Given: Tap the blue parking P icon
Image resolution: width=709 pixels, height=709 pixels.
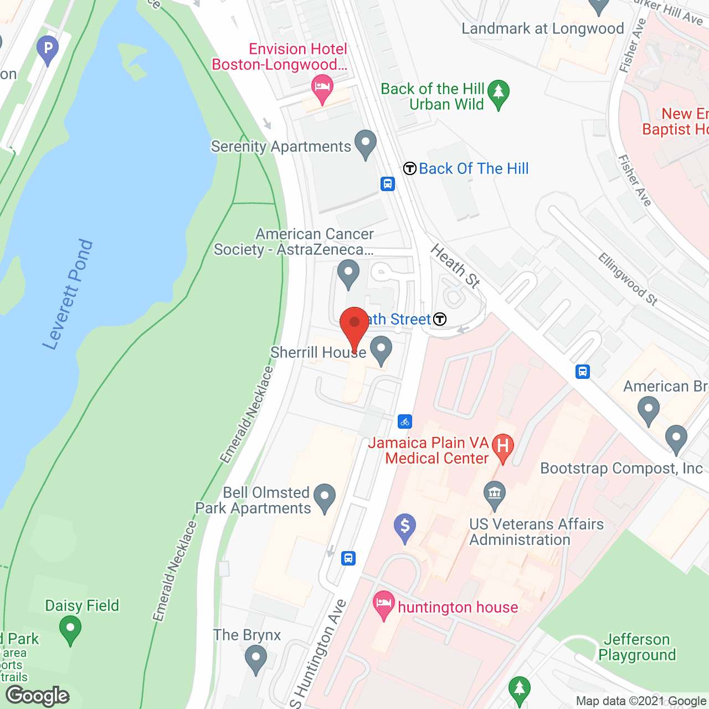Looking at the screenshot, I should (48, 49).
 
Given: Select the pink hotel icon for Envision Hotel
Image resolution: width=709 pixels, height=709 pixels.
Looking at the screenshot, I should (322, 88).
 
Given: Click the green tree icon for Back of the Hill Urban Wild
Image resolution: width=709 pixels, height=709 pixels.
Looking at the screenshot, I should (499, 93).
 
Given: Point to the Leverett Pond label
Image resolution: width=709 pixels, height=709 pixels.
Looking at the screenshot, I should (68, 295).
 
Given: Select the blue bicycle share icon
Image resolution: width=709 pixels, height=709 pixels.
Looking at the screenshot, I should (405, 422).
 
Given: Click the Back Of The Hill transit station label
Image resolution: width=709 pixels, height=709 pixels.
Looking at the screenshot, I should (473, 168).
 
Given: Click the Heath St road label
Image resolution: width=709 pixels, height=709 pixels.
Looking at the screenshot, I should (455, 266).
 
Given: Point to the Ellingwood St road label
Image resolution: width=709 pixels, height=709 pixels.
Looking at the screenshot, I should (628, 279).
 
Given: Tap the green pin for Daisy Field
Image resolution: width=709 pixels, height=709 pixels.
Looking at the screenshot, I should (70, 630).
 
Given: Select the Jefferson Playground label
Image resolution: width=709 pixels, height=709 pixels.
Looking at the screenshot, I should (637, 647).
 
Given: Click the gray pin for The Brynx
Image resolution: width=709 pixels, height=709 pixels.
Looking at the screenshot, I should (255, 659).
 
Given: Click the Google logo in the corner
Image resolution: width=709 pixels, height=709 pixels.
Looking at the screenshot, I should (38, 696).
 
